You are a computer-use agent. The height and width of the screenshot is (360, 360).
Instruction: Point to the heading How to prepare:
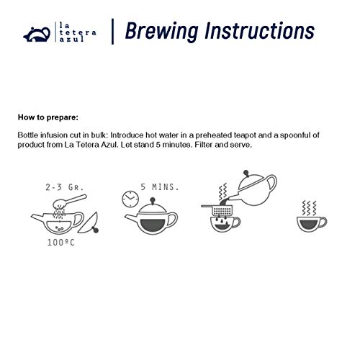[x=45, y=115]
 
